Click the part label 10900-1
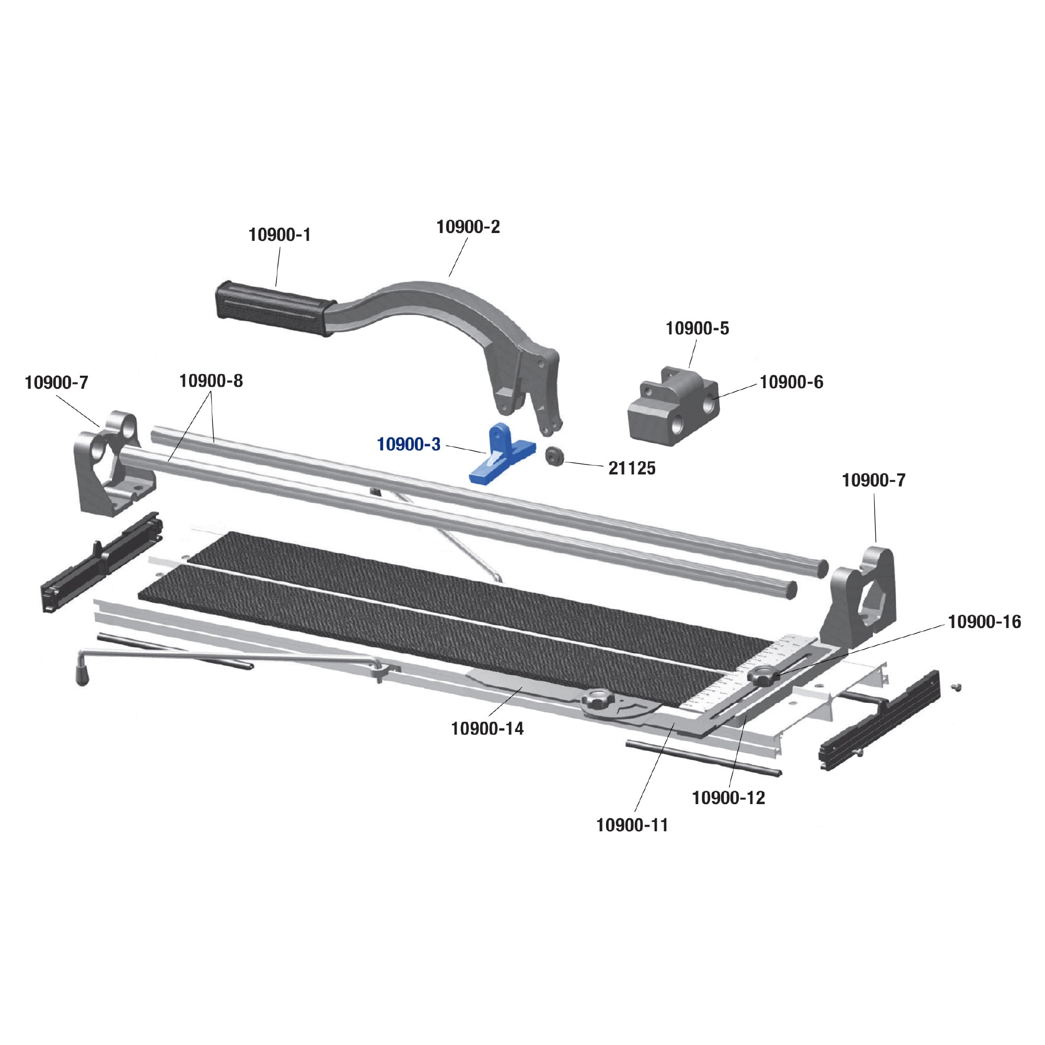[x=280, y=235]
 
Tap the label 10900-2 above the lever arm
[x=468, y=227]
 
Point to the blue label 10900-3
[x=409, y=445]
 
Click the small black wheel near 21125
[x=554, y=456]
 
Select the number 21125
[x=631, y=468]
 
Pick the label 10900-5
[x=696, y=328]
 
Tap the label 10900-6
[x=791, y=382]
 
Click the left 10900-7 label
[x=56, y=383]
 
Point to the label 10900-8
[x=211, y=381]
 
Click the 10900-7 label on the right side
[x=873, y=480]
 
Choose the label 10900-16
[x=984, y=622]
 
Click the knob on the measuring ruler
[x=764, y=676]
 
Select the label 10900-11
[x=632, y=825]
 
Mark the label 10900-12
[x=728, y=797]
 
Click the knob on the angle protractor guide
[x=598, y=702]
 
